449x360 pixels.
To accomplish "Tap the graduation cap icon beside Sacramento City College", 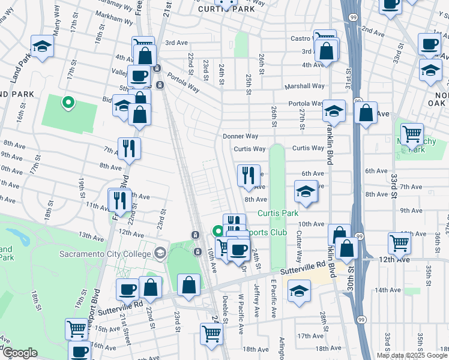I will coord(160,252).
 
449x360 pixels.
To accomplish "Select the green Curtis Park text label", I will coord(278,214).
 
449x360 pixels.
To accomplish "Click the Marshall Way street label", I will coord(305,86).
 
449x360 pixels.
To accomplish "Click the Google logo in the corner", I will coord(20,353).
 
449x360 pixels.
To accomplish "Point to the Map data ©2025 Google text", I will coord(412,355).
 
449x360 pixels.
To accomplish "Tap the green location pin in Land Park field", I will coord(68,103).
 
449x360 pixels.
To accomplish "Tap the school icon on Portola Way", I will coord(334,111).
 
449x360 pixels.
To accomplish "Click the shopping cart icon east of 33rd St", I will coord(412,134).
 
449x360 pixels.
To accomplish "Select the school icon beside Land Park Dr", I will coord(42,47).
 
